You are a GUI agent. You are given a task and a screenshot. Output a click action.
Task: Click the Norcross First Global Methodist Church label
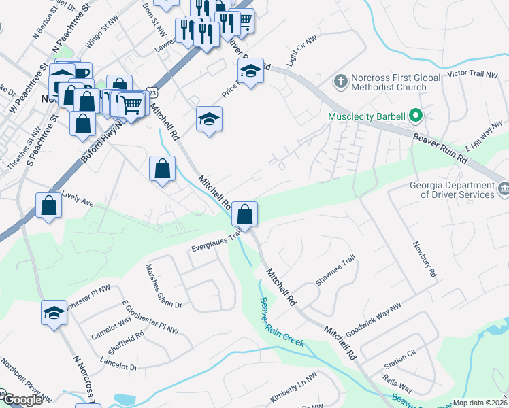[389, 83]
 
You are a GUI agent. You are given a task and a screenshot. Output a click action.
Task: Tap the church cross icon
[341, 82]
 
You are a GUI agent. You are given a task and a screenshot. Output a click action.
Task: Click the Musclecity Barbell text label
[366, 116]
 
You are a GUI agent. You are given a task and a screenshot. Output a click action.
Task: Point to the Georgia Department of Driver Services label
[452, 190]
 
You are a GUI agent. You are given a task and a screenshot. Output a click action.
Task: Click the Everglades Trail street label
[216, 242]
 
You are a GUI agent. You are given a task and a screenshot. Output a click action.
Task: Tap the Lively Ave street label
[77, 199]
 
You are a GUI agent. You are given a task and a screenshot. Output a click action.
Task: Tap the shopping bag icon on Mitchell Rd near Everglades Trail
[244, 214]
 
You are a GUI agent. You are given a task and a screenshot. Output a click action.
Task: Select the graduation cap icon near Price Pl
[250, 72]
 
